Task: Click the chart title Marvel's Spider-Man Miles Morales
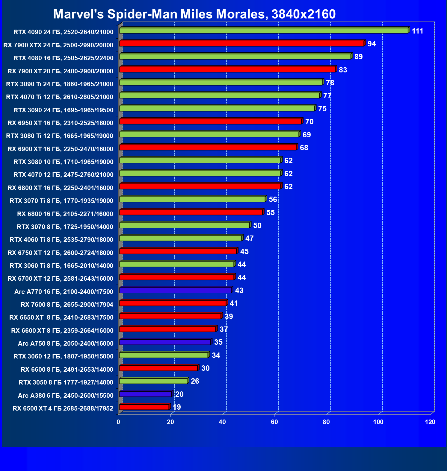[194, 14]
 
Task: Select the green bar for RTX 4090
[264, 31]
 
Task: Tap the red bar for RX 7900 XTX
[241, 44]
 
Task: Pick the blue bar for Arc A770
[175, 290]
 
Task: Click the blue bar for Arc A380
[145, 394]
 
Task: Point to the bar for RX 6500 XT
[144, 407]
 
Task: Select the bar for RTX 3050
[153, 381]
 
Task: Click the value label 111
[417, 31]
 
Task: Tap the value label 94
[372, 44]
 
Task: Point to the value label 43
[239, 291]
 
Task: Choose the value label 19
[177, 407]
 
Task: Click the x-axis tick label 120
[430, 422]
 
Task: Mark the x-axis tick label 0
[118, 422]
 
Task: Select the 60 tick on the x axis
[274, 422]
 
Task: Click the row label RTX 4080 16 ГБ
[64, 58]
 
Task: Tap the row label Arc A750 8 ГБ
[66, 344]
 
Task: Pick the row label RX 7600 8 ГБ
[67, 305]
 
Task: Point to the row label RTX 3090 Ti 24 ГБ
[60, 84]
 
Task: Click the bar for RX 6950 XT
[210, 121]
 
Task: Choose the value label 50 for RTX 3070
[257, 226]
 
